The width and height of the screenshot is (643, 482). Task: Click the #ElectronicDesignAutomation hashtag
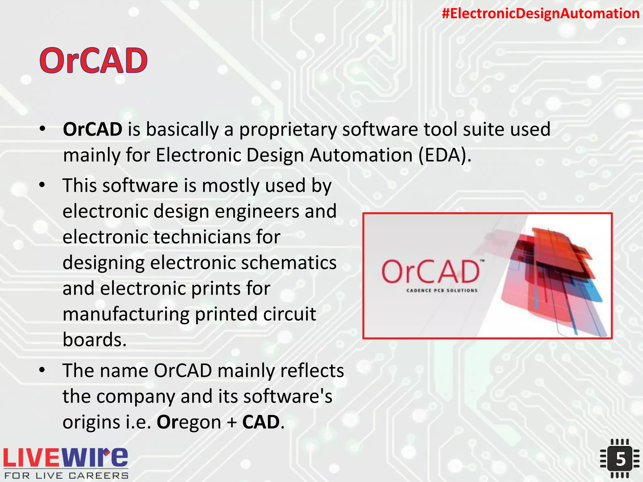pos(540,13)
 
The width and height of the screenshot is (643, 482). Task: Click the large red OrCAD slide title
pos(93,61)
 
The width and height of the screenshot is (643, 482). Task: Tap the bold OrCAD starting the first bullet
pos(93,129)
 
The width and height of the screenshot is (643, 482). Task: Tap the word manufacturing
pos(126,314)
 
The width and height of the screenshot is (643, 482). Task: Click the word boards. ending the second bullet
pos(94,340)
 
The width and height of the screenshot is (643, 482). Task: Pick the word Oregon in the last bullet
pos(189,422)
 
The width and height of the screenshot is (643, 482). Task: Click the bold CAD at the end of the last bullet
pos(261,422)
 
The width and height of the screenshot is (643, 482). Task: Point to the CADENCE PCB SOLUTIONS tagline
pos(442,291)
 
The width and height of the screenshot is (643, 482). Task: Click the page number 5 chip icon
pos(620,459)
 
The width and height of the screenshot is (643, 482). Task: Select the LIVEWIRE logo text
pos(65,458)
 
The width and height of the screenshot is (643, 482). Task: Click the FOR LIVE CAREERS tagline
pos(66,476)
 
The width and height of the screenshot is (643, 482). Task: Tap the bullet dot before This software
pos(42,185)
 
